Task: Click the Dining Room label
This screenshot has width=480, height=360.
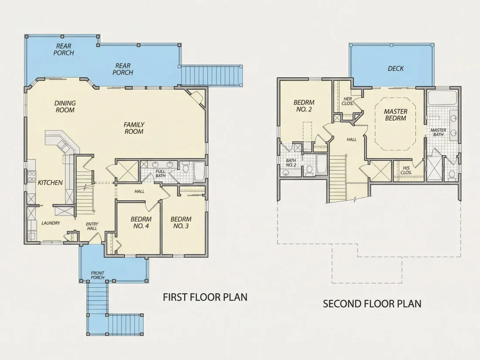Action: (x=65, y=106)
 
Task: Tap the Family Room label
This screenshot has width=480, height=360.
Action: (x=134, y=128)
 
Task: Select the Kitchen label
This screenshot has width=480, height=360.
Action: (x=50, y=183)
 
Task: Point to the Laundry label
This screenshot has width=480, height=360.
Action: (x=51, y=223)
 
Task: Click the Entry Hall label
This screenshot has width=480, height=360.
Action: (x=92, y=226)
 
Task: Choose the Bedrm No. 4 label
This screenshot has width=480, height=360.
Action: (x=141, y=223)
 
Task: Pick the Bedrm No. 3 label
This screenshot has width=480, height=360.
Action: (x=181, y=223)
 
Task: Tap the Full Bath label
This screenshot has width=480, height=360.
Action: (x=161, y=174)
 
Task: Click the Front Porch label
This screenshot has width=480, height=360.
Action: (x=98, y=275)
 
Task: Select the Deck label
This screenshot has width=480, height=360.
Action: (x=395, y=69)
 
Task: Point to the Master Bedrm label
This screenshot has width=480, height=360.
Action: (x=395, y=115)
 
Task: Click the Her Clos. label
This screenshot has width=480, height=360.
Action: (x=348, y=101)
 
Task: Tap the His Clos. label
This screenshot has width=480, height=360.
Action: (x=406, y=170)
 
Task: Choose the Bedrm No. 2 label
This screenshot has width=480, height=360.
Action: (x=304, y=106)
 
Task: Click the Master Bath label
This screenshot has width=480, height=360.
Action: (x=438, y=132)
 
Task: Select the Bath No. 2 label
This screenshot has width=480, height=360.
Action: (x=291, y=163)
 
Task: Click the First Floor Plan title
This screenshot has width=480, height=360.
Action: (x=205, y=297)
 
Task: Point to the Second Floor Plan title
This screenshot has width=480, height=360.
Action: (x=372, y=304)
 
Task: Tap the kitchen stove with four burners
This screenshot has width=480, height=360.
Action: (x=31, y=177)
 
